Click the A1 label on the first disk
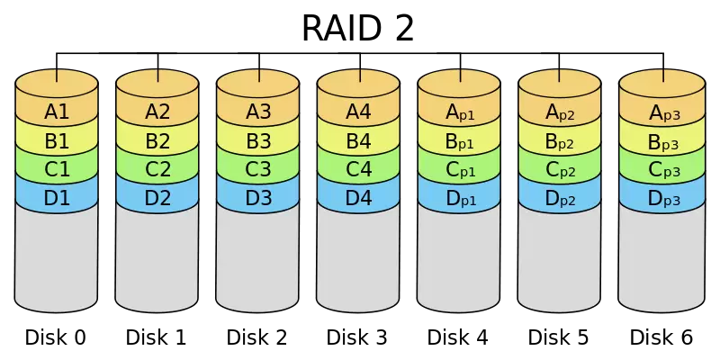(57, 112)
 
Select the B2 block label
(157, 141)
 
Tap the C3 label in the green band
(258, 169)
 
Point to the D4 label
(359, 198)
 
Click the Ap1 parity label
(460, 113)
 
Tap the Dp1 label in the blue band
(460, 199)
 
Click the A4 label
(359, 112)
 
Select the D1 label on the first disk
(57, 198)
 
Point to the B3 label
(258, 141)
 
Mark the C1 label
(57, 169)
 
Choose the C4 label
(359, 169)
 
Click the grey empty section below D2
(157, 256)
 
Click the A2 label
(157, 112)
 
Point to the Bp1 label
(460, 142)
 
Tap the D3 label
(258, 198)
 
